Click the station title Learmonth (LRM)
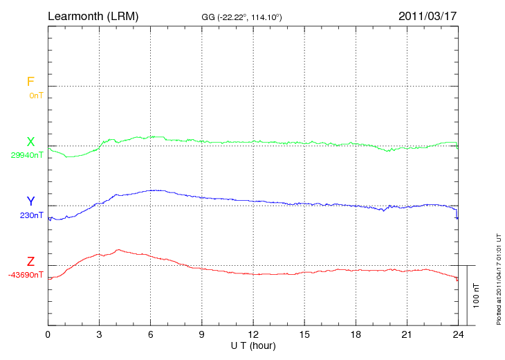[x=93, y=15]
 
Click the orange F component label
[x=30, y=82]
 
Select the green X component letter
[x=30, y=142]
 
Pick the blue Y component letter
[x=30, y=201]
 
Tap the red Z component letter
[x=30, y=262]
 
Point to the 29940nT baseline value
[x=27, y=156]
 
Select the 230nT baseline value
[x=31, y=215]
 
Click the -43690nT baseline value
[x=26, y=276]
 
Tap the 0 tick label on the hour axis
[x=48, y=334]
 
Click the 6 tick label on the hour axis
[x=151, y=334]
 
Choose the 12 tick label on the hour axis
[x=253, y=334]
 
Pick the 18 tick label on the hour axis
[x=356, y=334]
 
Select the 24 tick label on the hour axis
[x=458, y=334]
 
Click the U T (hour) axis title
[x=253, y=345]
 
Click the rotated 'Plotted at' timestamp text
[x=498, y=277]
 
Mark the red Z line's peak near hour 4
[x=118, y=249]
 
